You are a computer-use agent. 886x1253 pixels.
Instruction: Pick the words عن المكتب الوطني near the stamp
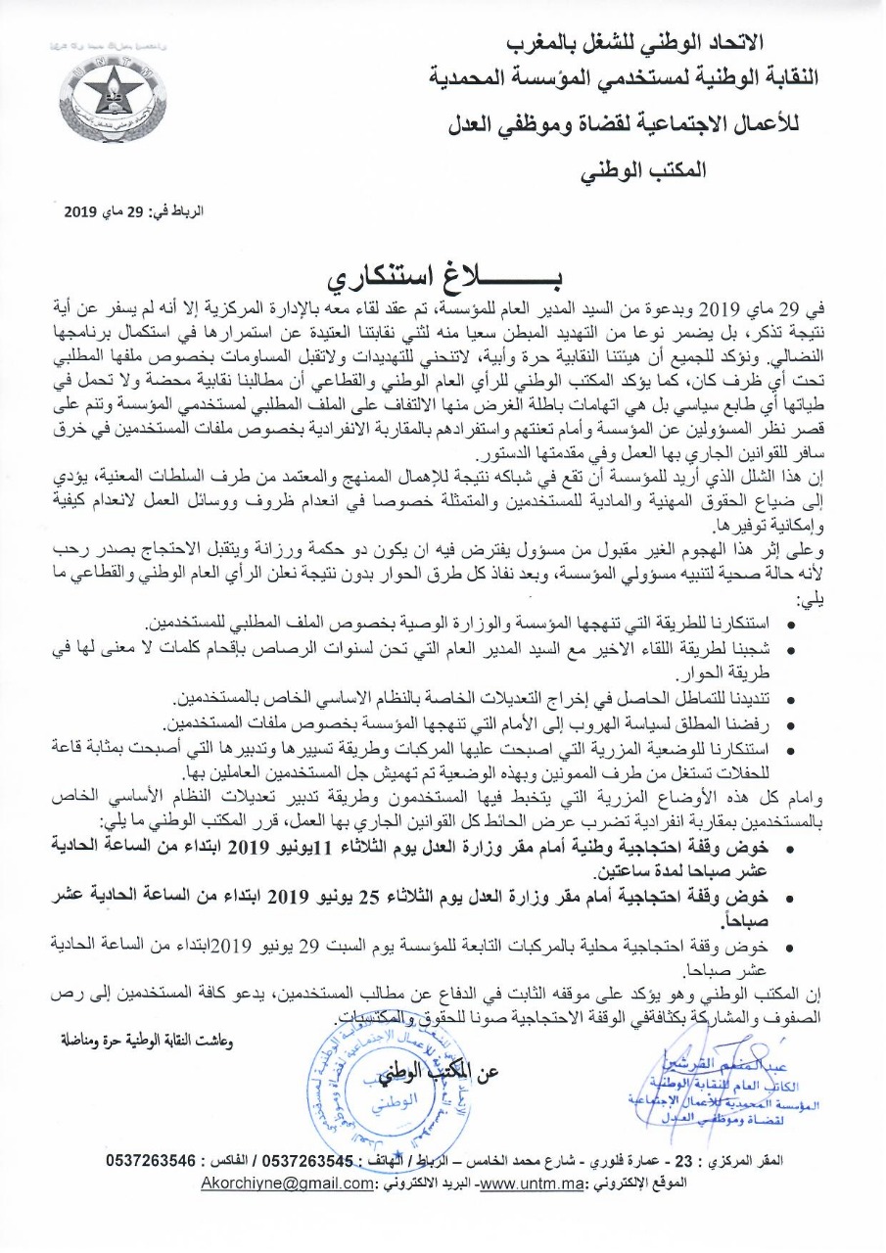click(x=444, y=1071)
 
